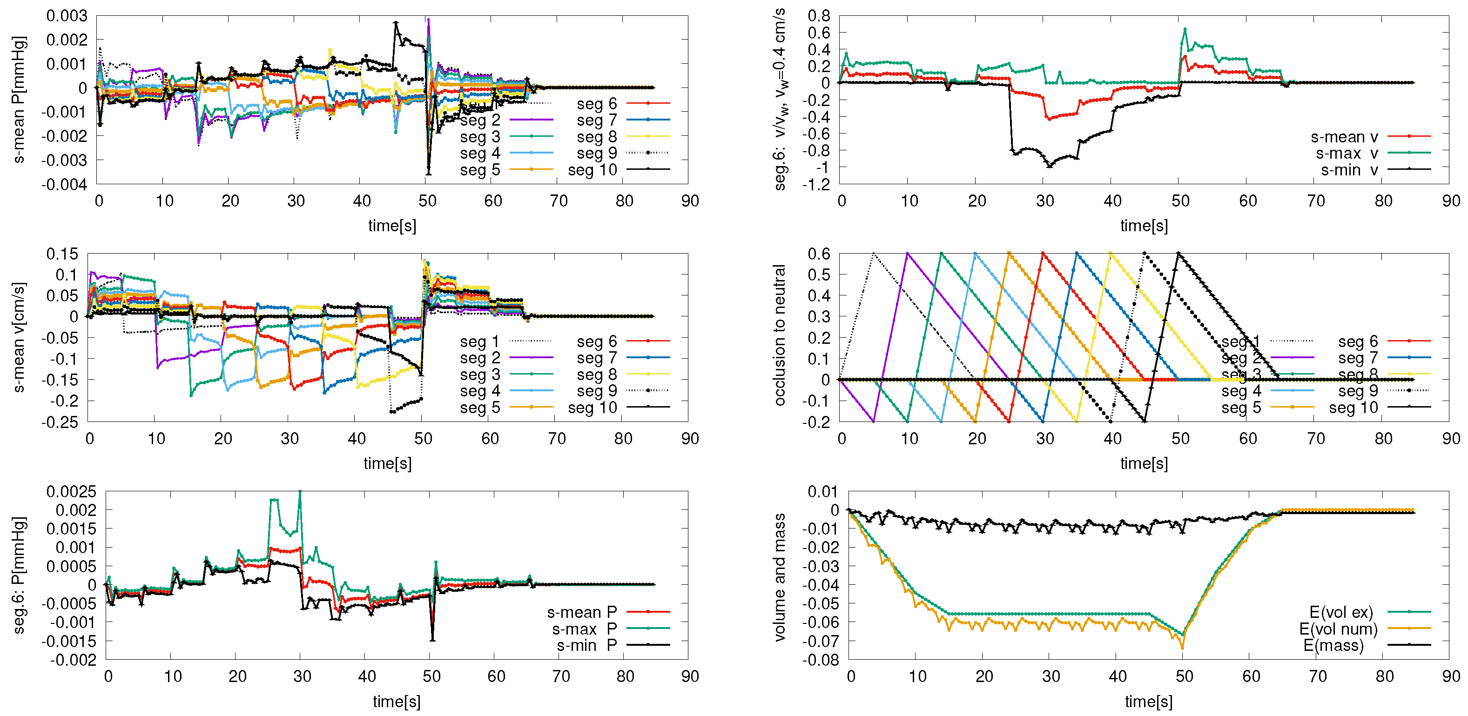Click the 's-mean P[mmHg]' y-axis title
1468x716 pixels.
tap(18, 100)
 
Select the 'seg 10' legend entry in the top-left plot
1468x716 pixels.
tap(593, 170)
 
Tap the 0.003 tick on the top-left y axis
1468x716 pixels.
tap(67, 16)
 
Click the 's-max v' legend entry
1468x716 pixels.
tap(1347, 153)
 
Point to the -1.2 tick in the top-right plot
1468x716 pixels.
tap(817, 184)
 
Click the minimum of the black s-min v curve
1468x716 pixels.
tap(1049, 166)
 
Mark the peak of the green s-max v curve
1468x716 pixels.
tap(1185, 29)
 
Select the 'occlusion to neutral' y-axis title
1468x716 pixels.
tap(779, 335)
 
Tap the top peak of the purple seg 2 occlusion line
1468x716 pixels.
tap(907, 254)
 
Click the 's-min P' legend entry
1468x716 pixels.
tap(586, 645)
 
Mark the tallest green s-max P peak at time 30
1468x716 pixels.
tap(300, 492)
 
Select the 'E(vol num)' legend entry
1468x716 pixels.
tap(1338, 629)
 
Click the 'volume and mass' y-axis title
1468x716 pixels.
tap(779, 577)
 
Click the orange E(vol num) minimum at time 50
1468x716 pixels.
tap(1182, 648)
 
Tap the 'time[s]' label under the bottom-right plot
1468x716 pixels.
tap(1148, 701)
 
